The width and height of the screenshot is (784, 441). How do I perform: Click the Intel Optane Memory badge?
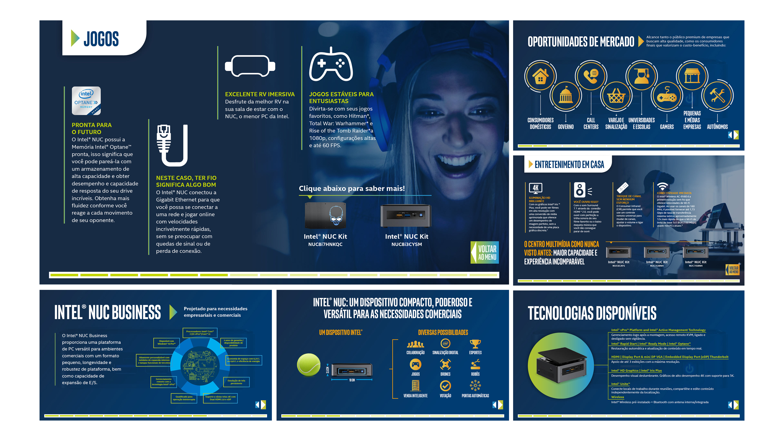click(86, 100)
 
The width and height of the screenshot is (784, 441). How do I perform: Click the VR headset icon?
click(250, 66)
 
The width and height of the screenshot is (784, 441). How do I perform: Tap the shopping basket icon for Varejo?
click(616, 97)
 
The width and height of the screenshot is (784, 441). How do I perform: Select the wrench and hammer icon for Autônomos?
click(717, 96)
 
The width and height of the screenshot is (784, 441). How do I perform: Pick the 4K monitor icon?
click(535, 188)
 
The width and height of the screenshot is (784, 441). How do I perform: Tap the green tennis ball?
click(309, 365)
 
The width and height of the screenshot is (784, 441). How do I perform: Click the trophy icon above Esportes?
click(475, 344)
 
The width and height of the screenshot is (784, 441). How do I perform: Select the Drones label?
click(445, 374)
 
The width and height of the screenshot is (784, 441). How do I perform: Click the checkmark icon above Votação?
click(445, 386)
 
